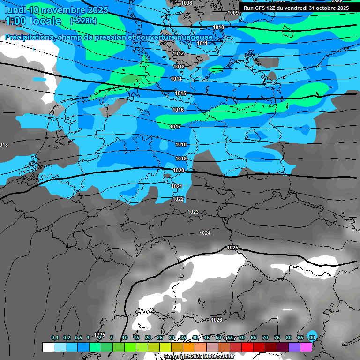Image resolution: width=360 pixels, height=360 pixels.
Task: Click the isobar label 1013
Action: [x=179, y=67]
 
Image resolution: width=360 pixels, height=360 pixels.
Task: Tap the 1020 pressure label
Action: [x=179, y=171]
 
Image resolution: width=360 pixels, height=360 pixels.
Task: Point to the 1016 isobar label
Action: [x=178, y=110]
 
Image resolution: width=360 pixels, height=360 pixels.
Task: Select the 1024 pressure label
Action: [x=205, y=233]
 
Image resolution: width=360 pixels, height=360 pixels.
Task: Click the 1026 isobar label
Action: [x=217, y=320]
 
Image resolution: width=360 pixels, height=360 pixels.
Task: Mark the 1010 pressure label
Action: [x=218, y=28]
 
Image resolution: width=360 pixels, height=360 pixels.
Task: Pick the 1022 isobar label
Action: [x=178, y=199]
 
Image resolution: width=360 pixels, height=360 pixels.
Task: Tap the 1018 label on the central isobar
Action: [x=181, y=144]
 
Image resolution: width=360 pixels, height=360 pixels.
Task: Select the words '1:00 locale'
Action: [x=33, y=21]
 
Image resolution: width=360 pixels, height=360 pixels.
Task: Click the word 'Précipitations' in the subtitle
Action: [x=29, y=37]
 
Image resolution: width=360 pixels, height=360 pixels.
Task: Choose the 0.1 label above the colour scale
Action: [x=55, y=337]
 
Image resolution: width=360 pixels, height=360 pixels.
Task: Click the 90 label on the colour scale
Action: [x=312, y=337]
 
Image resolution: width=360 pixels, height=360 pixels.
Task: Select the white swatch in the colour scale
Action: [x=48, y=347]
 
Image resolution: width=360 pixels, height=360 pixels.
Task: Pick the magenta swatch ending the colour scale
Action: [x=306, y=347]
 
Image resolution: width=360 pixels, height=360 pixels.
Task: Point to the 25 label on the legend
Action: [x=160, y=337]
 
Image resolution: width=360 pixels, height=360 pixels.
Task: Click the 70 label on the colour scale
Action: [x=265, y=337]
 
